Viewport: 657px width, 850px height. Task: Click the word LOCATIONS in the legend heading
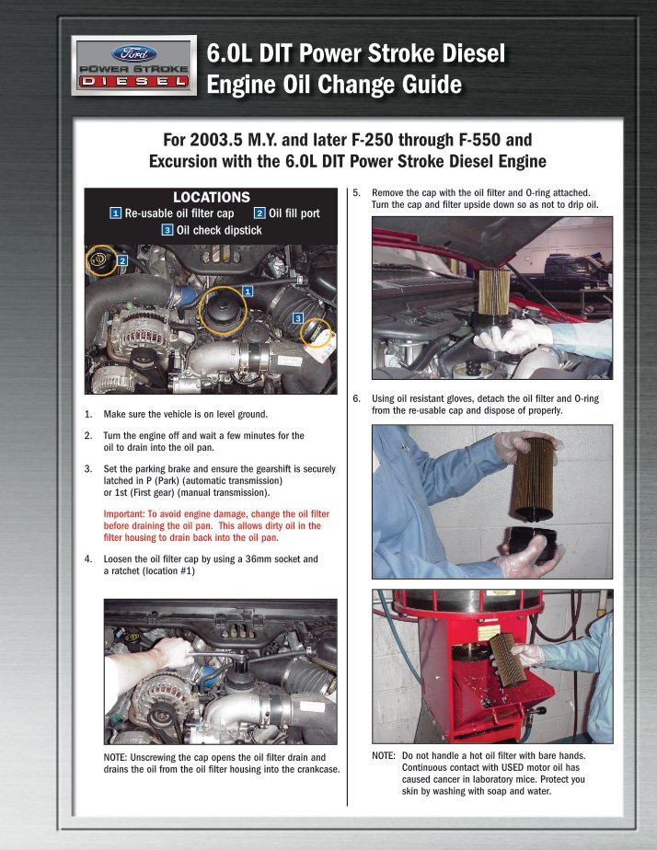pos(211,197)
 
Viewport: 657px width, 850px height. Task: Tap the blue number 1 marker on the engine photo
pos(248,291)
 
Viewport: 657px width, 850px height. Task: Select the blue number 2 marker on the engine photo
pos(121,261)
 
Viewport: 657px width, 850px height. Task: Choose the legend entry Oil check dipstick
pos(219,230)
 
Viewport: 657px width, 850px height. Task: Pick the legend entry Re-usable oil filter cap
pos(179,213)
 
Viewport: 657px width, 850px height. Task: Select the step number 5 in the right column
pos(356,193)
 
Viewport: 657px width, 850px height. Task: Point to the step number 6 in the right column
pos(356,399)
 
